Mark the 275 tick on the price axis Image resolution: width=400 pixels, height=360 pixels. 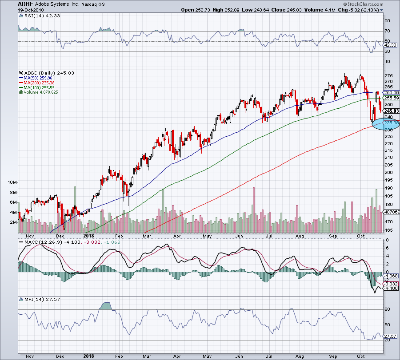[388, 75]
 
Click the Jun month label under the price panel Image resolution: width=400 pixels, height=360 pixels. [239, 236]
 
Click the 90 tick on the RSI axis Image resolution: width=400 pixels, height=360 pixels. [387, 20]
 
